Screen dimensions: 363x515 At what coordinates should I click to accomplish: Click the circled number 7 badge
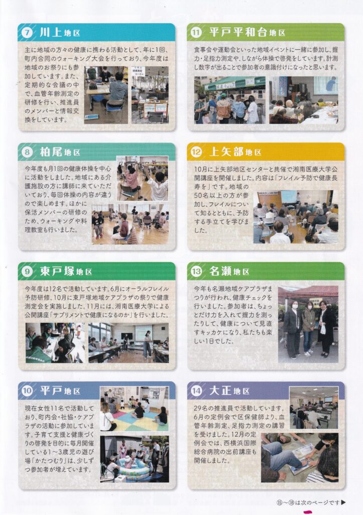point(27,33)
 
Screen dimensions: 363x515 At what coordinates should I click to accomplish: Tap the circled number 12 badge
point(196,152)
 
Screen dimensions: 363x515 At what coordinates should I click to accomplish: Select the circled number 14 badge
point(196,391)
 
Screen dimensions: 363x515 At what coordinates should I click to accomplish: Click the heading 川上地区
point(60,33)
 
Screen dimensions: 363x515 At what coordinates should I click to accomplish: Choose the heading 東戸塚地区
point(66,271)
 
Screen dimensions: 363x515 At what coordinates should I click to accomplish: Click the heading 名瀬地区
point(229,271)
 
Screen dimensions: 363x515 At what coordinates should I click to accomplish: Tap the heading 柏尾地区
point(60,152)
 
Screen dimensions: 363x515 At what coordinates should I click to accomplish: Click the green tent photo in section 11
point(230,100)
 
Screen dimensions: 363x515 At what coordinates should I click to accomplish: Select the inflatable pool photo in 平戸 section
point(135,459)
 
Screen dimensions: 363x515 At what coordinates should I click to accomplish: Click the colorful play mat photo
point(134,408)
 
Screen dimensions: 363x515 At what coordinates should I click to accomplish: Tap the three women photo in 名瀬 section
point(308,324)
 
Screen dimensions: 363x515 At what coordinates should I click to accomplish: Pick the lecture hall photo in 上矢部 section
point(296,217)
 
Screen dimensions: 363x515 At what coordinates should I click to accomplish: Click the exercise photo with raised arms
point(142,179)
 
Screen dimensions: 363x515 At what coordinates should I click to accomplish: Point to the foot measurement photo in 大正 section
point(300,458)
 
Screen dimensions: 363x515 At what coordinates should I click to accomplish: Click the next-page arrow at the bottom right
point(343,502)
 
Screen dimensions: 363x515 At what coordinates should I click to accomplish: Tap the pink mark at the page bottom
point(308,511)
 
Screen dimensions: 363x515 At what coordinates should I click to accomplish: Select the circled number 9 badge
point(27,271)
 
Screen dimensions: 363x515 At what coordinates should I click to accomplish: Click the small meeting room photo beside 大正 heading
point(314,407)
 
